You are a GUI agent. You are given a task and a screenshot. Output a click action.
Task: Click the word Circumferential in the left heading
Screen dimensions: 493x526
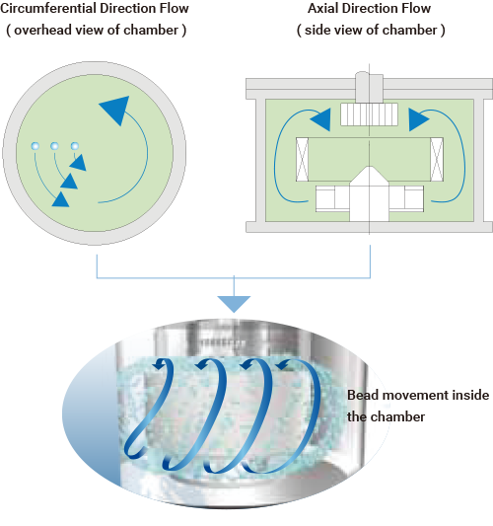(x=48, y=8)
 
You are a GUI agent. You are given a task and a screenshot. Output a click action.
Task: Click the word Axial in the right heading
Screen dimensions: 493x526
(x=322, y=8)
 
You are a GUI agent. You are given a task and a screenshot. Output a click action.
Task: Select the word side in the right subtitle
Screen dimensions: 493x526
(x=317, y=31)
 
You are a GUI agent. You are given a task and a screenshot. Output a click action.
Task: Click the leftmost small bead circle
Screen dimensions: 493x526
(x=35, y=146)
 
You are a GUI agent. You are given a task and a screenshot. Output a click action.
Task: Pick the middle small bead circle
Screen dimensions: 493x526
(x=54, y=146)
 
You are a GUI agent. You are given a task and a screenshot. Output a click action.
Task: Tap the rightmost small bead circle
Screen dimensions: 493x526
(x=75, y=146)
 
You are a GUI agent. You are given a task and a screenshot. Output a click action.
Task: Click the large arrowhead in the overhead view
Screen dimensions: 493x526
(x=115, y=109)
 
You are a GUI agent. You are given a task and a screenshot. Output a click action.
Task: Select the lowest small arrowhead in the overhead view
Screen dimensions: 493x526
(x=61, y=199)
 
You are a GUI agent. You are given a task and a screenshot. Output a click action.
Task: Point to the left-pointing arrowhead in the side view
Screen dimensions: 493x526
(x=320, y=119)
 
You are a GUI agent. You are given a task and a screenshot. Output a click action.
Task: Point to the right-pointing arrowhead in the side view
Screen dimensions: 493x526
(x=419, y=119)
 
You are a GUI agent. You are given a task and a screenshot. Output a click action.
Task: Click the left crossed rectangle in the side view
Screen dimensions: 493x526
(x=303, y=159)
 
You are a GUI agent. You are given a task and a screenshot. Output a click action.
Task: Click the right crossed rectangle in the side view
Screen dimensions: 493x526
(x=437, y=159)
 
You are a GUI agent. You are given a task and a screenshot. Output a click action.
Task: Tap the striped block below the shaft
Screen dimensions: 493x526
(x=370, y=114)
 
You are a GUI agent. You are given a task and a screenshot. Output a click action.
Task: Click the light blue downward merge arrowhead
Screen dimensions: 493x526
(x=234, y=304)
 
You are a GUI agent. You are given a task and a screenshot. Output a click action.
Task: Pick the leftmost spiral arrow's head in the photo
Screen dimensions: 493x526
(x=160, y=363)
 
